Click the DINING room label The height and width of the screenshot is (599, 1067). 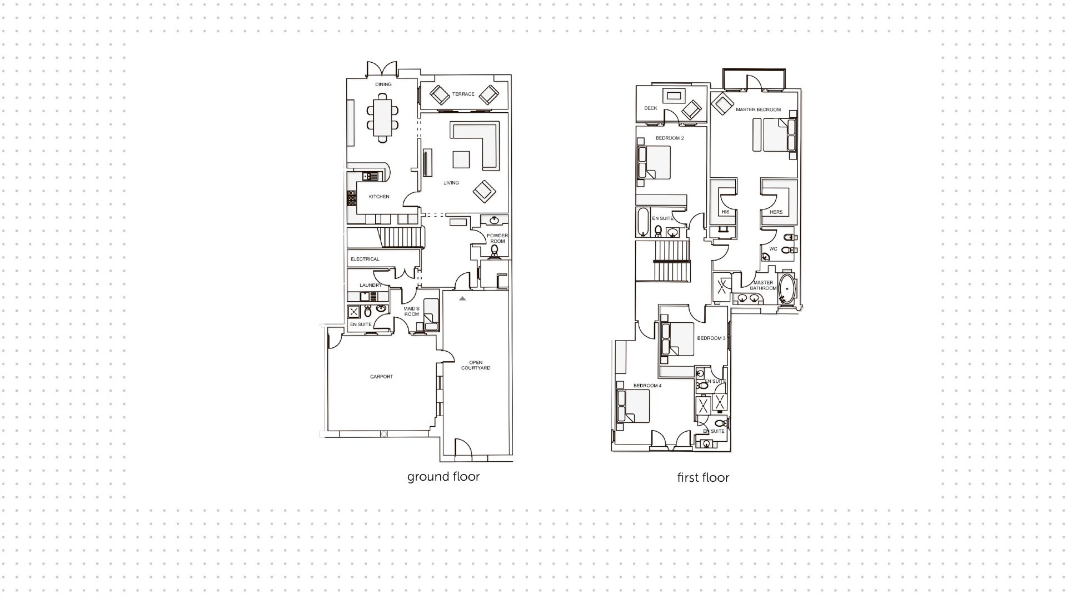click(x=383, y=84)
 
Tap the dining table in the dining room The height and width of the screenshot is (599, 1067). click(x=382, y=117)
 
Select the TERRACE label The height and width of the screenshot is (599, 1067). click(x=463, y=94)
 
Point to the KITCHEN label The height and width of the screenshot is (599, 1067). click(x=379, y=197)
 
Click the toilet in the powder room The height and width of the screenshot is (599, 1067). click(x=495, y=251)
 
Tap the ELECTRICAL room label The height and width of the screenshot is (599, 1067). click(x=365, y=259)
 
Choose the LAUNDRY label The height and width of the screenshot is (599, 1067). click(x=370, y=286)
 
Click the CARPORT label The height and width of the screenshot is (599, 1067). click(x=381, y=377)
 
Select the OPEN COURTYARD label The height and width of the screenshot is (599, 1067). click(x=476, y=365)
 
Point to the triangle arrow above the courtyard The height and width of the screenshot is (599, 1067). click(x=462, y=299)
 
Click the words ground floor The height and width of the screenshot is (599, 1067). click(x=443, y=477)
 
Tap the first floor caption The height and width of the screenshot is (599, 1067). click(x=703, y=478)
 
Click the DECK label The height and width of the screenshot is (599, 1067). click(x=651, y=108)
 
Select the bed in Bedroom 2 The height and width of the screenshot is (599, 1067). click(x=655, y=162)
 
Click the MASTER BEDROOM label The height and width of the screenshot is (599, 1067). click(x=758, y=110)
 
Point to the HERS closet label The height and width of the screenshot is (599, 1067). click(x=776, y=212)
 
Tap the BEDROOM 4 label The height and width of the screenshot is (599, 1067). click(x=647, y=386)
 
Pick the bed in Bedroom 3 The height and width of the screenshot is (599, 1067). click(x=677, y=340)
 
